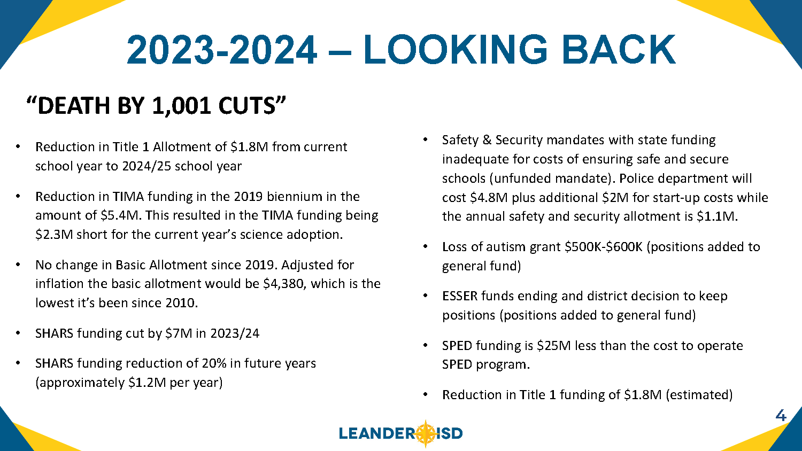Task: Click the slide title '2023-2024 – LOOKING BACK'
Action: pos(401,50)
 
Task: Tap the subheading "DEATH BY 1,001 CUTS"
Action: pos(156,106)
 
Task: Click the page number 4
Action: pos(781,416)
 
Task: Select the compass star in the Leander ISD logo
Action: pos(426,433)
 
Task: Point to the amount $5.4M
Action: pos(120,215)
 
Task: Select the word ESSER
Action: pos(460,296)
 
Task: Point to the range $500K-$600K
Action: pos(604,247)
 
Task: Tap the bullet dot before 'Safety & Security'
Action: pos(425,140)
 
